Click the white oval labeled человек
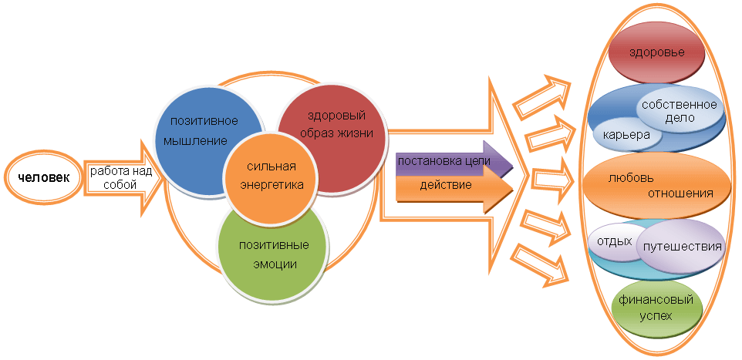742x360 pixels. point(43,179)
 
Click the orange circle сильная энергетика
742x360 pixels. point(272,176)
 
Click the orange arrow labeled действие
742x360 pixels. point(454,186)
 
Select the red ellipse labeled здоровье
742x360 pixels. point(656,53)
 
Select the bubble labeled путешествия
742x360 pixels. point(680,247)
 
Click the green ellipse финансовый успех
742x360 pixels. point(656,308)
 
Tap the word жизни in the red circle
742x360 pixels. point(356,133)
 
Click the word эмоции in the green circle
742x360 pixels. point(275,264)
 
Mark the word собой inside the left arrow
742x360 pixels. point(120,184)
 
